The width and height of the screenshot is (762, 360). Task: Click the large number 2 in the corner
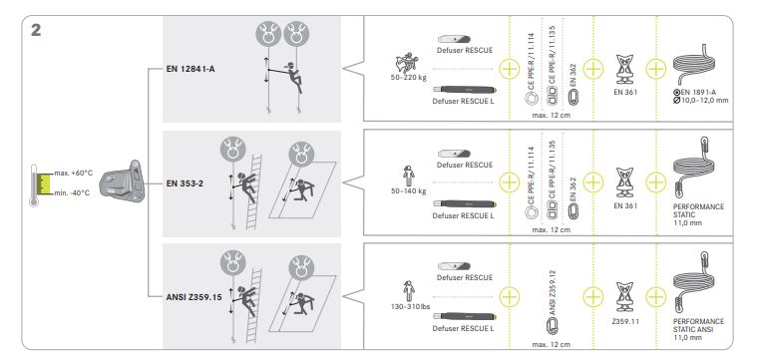36,30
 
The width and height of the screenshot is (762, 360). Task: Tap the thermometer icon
34,185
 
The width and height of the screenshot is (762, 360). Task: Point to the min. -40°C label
72,192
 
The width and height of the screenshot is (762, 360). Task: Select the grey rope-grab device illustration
122,182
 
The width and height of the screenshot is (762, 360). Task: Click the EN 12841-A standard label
190,69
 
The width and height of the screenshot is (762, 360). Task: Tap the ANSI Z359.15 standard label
193,297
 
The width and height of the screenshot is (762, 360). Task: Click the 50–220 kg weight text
408,77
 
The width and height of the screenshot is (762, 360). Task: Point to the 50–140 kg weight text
408,191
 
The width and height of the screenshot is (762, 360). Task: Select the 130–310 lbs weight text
410,306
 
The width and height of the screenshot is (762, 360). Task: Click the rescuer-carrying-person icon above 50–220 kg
407,62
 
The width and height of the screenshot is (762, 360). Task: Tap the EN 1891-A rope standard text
702,93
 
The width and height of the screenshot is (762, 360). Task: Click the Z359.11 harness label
625,321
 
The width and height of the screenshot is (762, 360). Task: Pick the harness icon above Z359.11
624,297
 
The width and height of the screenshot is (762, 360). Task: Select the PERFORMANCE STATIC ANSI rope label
698,325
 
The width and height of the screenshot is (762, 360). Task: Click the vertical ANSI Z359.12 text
553,293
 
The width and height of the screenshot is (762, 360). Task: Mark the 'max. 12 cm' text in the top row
551,116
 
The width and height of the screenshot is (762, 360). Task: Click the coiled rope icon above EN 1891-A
694,66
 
